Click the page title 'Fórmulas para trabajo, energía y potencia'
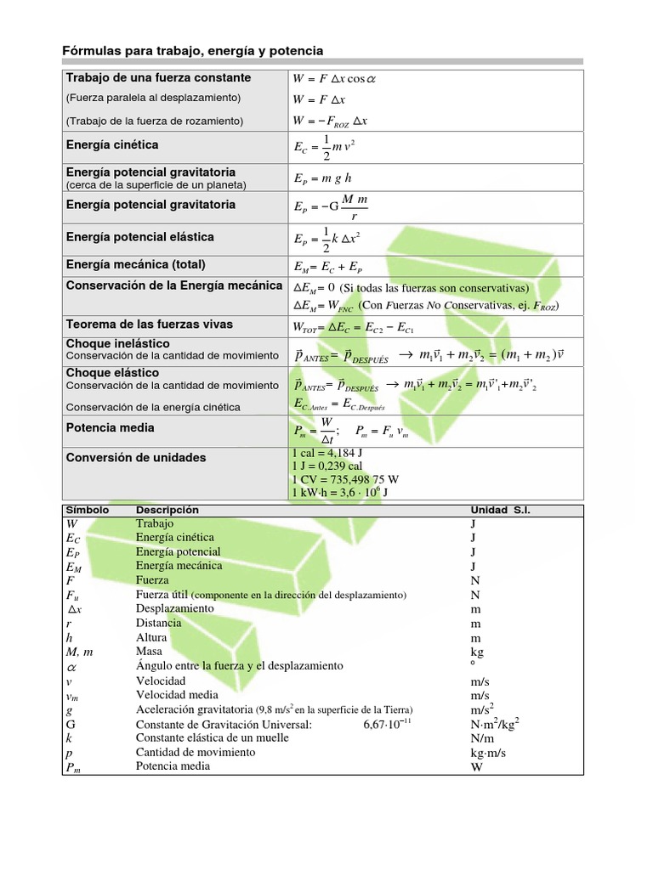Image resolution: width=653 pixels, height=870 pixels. [x=193, y=52]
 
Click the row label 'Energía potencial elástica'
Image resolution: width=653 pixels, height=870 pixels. [x=139, y=237]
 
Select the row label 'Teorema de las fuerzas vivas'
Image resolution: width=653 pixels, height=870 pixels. [x=150, y=325]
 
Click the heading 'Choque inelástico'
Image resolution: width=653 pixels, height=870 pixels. [x=112, y=343]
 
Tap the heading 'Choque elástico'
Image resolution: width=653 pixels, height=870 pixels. [x=112, y=373]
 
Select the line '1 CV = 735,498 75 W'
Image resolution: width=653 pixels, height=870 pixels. [x=344, y=479]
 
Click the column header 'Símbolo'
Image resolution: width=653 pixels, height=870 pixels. [x=87, y=510]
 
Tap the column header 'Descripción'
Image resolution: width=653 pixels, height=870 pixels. [x=168, y=510]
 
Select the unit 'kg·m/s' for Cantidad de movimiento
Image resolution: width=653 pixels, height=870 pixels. [x=488, y=753]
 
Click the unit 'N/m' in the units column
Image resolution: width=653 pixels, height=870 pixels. [x=482, y=738]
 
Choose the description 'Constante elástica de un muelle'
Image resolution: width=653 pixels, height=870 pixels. [x=213, y=737]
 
